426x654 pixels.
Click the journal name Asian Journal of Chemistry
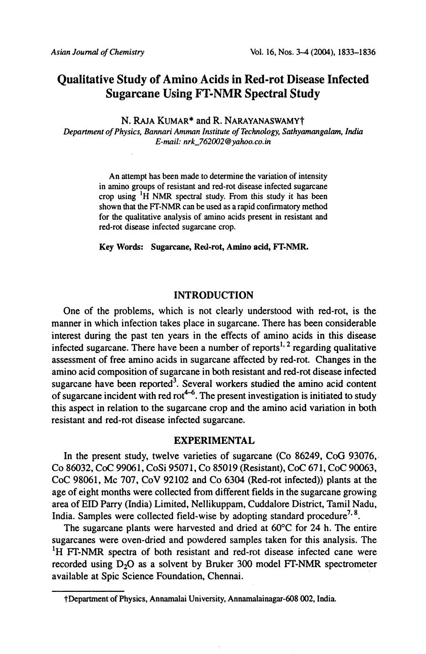97,52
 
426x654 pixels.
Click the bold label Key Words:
121,247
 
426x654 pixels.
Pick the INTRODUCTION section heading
213,295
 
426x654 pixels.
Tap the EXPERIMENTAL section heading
213,440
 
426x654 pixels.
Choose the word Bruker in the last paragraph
212,564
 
